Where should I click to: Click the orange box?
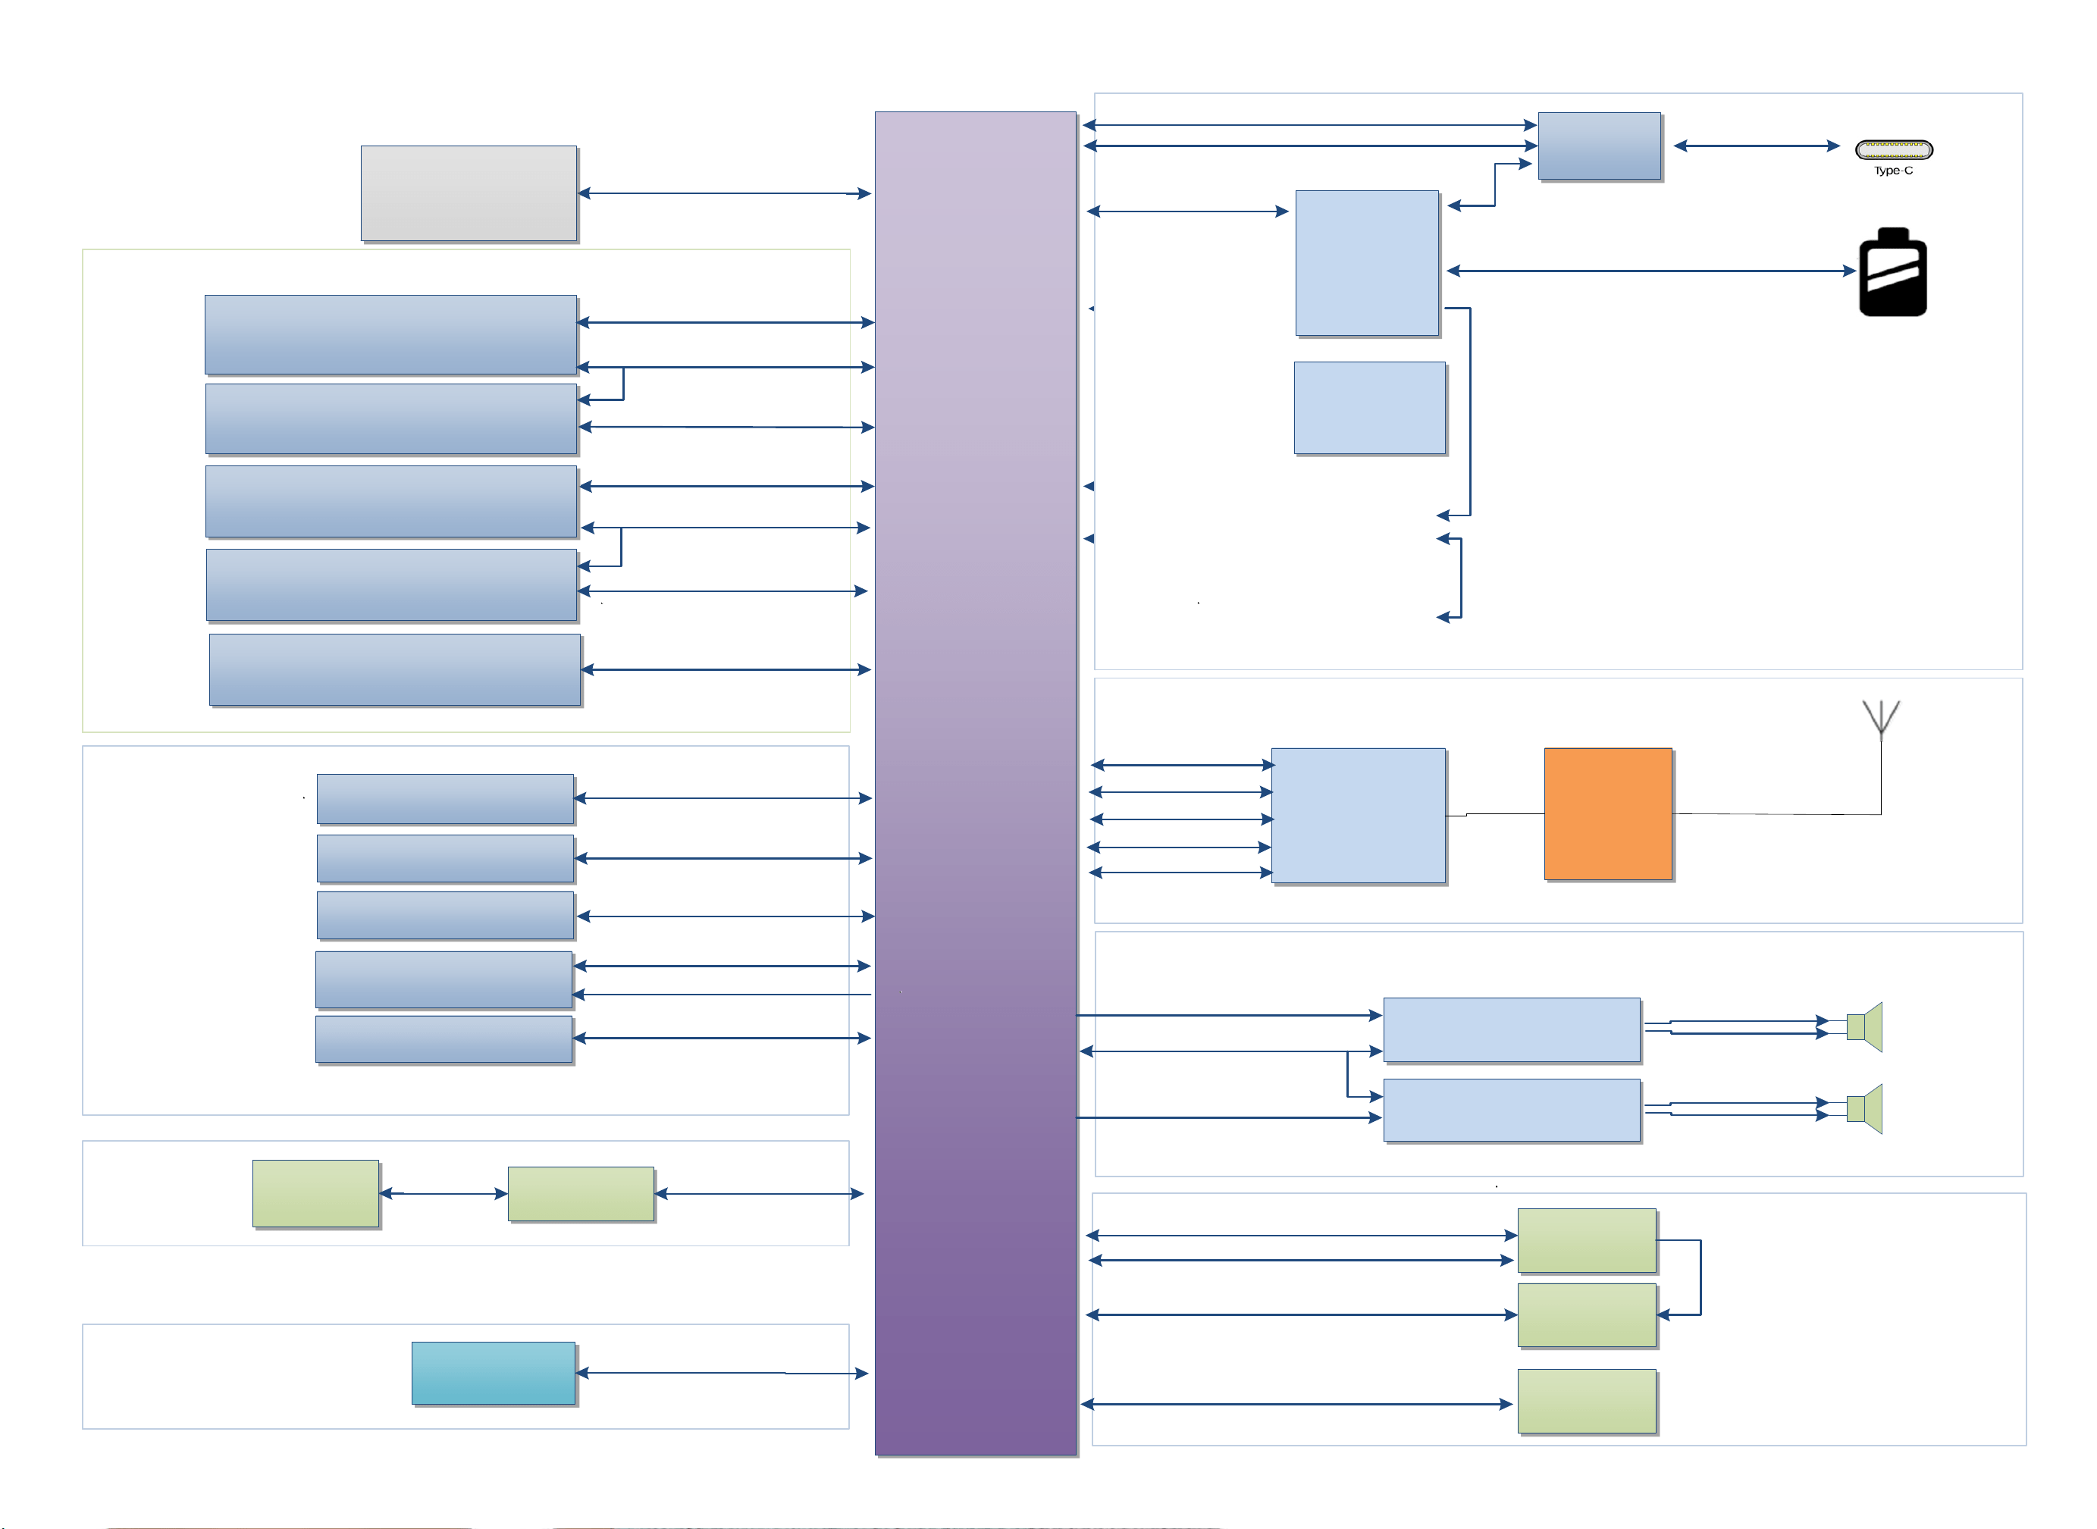point(1607,813)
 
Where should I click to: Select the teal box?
point(494,1373)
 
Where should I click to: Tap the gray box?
point(469,193)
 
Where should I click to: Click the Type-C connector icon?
point(1893,149)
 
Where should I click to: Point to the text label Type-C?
point(1893,171)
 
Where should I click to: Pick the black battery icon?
point(1892,272)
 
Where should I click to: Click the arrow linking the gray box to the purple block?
point(725,193)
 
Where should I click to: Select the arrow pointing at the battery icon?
point(1651,271)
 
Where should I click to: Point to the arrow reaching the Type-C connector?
point(1757,146)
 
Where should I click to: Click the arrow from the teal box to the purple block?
point(722,1374)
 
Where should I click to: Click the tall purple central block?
point(976,783)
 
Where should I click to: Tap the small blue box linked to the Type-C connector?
point(1599,146)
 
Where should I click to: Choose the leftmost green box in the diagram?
point(315,1194)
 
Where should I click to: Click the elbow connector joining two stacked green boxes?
point(1700,1277)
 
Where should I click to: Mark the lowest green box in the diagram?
point(1587,1402)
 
